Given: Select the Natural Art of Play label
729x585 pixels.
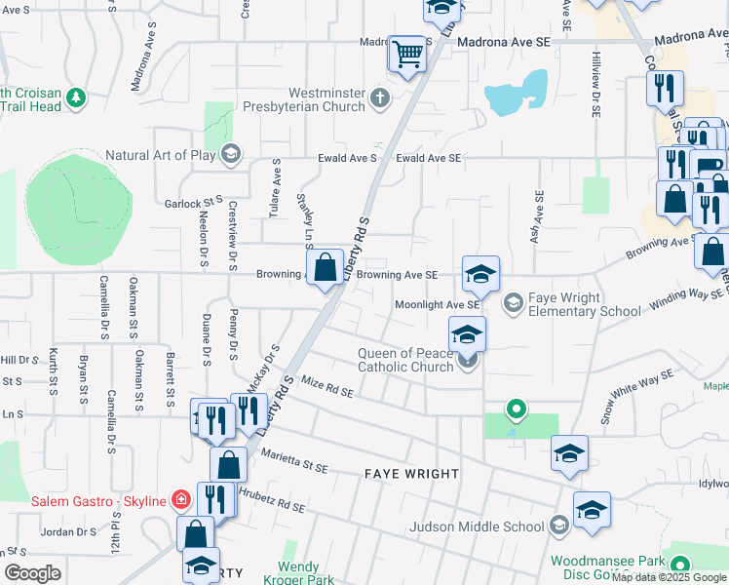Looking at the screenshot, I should [161, 154].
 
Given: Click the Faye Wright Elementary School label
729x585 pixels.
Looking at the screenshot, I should [585, 304].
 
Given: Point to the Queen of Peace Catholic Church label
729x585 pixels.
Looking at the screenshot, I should [405, 360].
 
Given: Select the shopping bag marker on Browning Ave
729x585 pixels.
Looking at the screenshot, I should [326, 265].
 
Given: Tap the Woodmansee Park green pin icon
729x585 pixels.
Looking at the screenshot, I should [679, 564].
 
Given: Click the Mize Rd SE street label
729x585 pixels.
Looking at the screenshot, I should [326, 385].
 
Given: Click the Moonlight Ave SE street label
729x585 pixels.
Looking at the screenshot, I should [437, 304].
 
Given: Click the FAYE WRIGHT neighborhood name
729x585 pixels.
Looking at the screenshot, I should [411, 474].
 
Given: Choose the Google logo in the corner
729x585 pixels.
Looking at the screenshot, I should [32, 573].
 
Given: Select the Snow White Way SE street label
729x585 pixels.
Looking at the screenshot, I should [637, 396].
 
